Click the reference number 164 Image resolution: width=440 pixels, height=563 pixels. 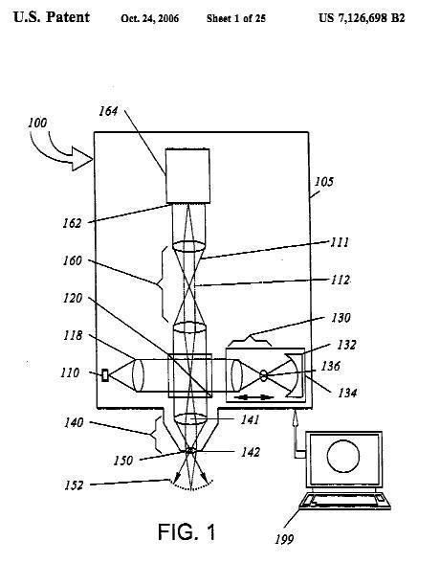click(108, 111)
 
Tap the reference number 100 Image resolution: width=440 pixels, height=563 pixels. click(37, 123)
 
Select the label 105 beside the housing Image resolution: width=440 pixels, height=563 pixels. click(324, 182)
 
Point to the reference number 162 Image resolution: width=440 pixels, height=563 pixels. click(72, 223)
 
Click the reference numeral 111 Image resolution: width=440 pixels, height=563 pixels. click(340, 242)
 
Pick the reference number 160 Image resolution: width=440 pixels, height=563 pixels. click(73, 260)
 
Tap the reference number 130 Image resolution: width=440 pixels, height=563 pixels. click(341, 318)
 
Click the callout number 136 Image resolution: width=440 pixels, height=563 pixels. click(330, 366)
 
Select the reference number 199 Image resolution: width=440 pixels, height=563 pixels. click(284, 539)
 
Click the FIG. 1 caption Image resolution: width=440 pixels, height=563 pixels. click(187, 531)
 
